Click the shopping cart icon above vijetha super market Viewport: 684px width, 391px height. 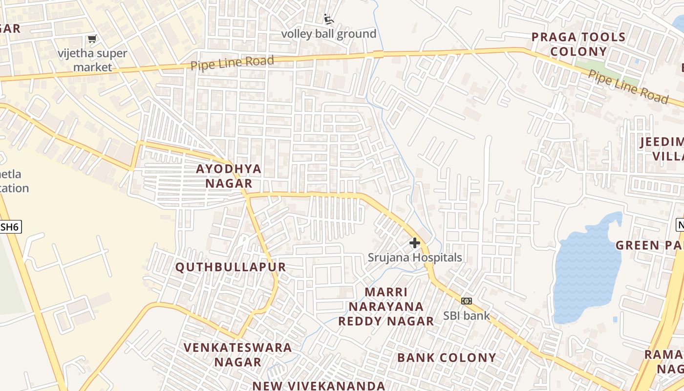[x=92, y=39]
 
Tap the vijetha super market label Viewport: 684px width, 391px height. [x=92, y=60]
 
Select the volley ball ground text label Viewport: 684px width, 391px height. [x=329, y=34]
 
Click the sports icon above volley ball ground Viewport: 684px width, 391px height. [x=329, y=20]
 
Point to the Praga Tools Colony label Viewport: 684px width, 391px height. [x=578, y=44]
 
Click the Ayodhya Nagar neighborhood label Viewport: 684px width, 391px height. [x=229, y=176]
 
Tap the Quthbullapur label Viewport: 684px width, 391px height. [x=231, y=267]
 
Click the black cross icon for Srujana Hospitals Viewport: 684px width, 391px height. [x=415, y=243]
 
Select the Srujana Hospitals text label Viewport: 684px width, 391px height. [x=415, y=257]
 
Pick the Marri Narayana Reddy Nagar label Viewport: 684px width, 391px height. [x=386, y=306]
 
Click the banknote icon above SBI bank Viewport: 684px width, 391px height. [x=467, y=301]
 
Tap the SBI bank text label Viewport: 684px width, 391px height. [x=467, y=315]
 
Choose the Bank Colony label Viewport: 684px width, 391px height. [x=447, y=357]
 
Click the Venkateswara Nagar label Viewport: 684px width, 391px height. [x=238, y=354]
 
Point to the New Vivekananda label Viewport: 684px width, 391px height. [x=319, y=386]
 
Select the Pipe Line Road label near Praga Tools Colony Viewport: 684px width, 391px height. [x=628, y=87]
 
